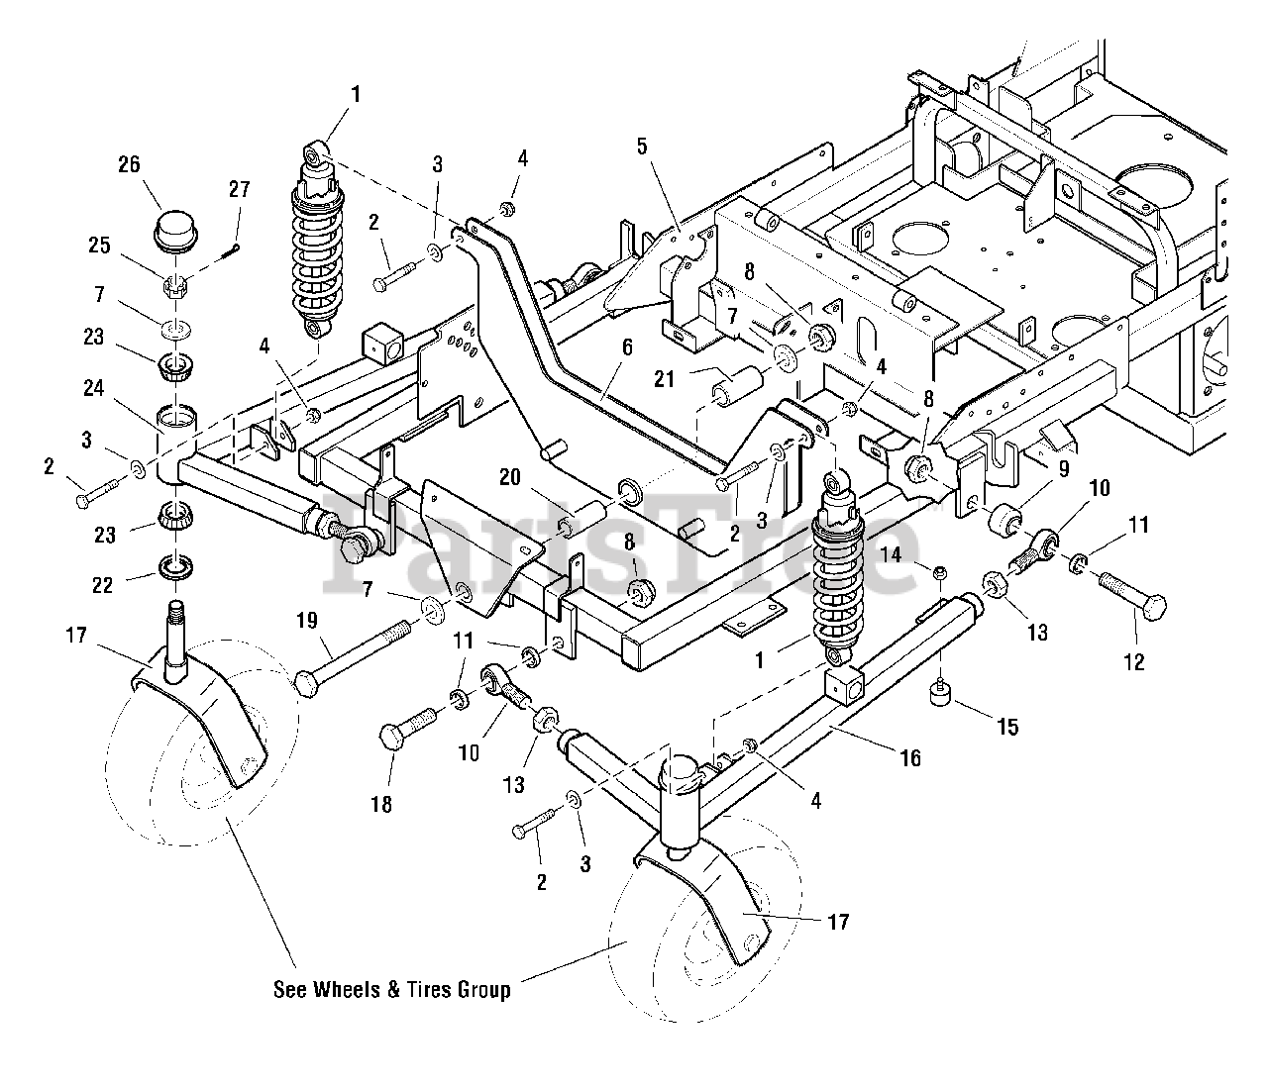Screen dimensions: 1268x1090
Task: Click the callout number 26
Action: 129,164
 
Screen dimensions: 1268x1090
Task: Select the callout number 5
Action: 642,148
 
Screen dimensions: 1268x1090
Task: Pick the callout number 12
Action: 1134,662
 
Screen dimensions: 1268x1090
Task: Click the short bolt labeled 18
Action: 408,727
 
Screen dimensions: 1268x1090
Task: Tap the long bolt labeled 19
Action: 353,658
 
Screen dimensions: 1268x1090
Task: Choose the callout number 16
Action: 910,758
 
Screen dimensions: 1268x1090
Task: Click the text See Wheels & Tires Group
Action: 392,989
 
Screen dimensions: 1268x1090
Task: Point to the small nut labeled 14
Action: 940,574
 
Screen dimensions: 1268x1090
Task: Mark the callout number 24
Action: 93,387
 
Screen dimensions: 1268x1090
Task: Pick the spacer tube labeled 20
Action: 583,519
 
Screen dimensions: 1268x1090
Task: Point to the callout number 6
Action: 626,347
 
